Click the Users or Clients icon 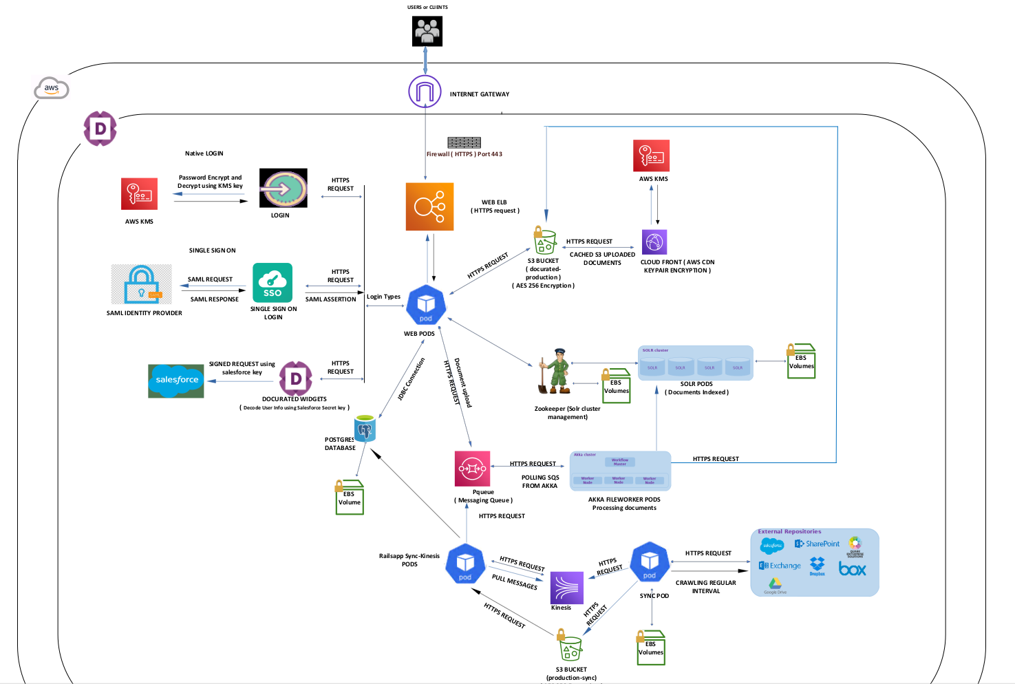(427, 31)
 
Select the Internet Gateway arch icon (425, 92)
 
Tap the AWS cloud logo (52, 88)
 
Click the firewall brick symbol (464, 142)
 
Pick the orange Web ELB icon (429, 206)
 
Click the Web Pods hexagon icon (426, 305)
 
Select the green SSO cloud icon (273, 283)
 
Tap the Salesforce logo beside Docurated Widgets (176, 381)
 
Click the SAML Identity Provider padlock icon (142, 284)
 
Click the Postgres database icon (365, 429)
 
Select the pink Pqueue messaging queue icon (472, 469)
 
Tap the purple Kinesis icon (566, 588)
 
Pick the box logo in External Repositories (852, 568)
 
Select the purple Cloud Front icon (654, 242)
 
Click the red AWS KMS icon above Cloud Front (651, 156)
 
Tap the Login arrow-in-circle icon (283, 188)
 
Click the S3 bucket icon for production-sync (570, 647)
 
